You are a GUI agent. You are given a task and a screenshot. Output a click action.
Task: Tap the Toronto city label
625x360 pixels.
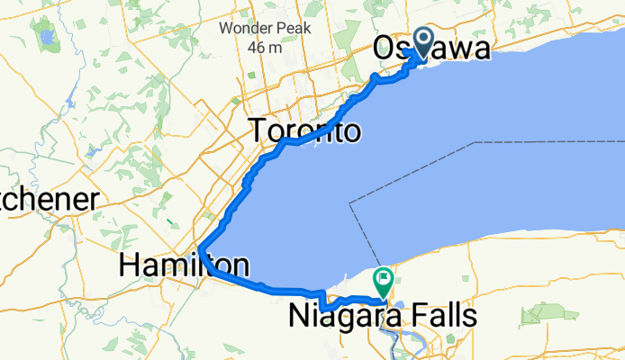[x=306, y=131]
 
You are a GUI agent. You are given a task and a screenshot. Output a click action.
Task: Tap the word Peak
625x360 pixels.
[x=292, y=27]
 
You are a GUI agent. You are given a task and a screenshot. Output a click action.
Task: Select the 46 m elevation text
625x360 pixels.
[x=267, y=47]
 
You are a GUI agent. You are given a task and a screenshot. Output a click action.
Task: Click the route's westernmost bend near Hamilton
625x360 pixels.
[x=200, y=247]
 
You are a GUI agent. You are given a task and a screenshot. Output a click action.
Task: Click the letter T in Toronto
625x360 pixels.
[x=260, y=131]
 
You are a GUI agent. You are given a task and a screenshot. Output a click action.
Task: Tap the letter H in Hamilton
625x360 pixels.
[x=131, y=265]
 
